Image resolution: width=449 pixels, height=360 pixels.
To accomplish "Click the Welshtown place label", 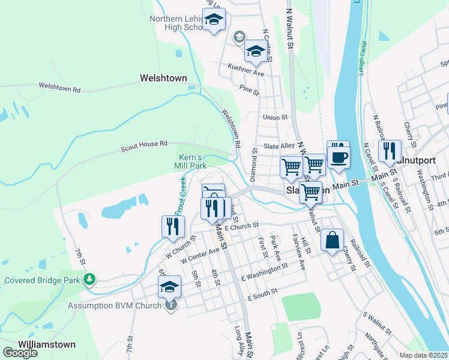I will tap(163, 78).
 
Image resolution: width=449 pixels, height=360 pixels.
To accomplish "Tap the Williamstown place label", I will tap(47, 344).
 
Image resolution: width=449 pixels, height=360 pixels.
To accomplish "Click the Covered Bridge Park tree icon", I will tap(89, 279).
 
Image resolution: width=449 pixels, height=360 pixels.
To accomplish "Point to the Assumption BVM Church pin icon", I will tap(171, 305).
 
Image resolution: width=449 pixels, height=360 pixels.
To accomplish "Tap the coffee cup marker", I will tap(339, 155).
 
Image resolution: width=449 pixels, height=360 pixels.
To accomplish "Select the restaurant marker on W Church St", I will tap(173, 227).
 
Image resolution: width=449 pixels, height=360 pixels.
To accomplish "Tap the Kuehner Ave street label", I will tap(246, 73).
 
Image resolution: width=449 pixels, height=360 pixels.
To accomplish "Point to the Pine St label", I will tap(249, 91).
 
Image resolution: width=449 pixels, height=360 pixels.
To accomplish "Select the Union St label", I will tap(275, 118).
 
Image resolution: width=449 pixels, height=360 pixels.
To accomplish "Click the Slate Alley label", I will tap(279, 146).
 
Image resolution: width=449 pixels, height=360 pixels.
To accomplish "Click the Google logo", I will tap(20, 352).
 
